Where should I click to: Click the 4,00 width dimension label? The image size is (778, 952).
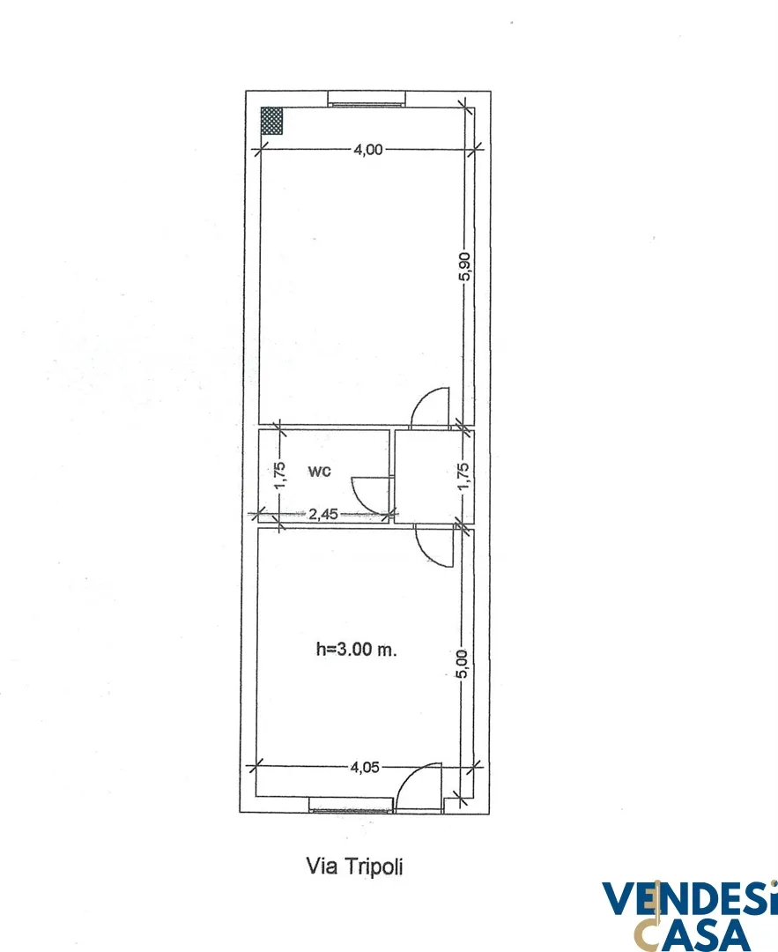point(368,149)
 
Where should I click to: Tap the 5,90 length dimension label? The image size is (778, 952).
point(465,266)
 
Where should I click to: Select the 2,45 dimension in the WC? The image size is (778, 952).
point(323,514)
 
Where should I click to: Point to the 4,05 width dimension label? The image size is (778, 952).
point(365,768)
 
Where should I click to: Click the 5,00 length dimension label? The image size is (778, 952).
point(463,665)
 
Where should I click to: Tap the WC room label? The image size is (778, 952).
point(319,471)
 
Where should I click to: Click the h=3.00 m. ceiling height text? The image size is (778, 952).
point(356,649)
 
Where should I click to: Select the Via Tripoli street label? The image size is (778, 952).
point(354,866)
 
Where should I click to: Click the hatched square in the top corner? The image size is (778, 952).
point(271,121)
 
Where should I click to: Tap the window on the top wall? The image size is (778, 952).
point(366,99)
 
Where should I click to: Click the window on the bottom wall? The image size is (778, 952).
point(352,806)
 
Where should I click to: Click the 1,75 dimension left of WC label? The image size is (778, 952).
point(280,476)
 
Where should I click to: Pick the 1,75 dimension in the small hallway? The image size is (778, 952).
point(463,477)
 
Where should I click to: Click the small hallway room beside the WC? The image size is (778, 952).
point(433,476)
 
